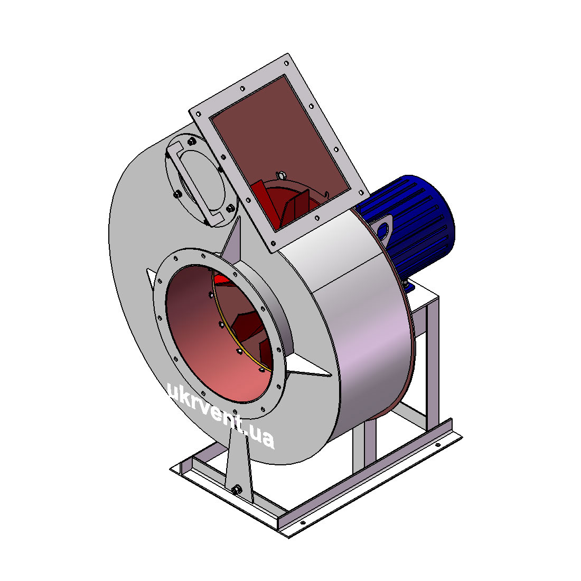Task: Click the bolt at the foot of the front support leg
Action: (237, 490)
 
